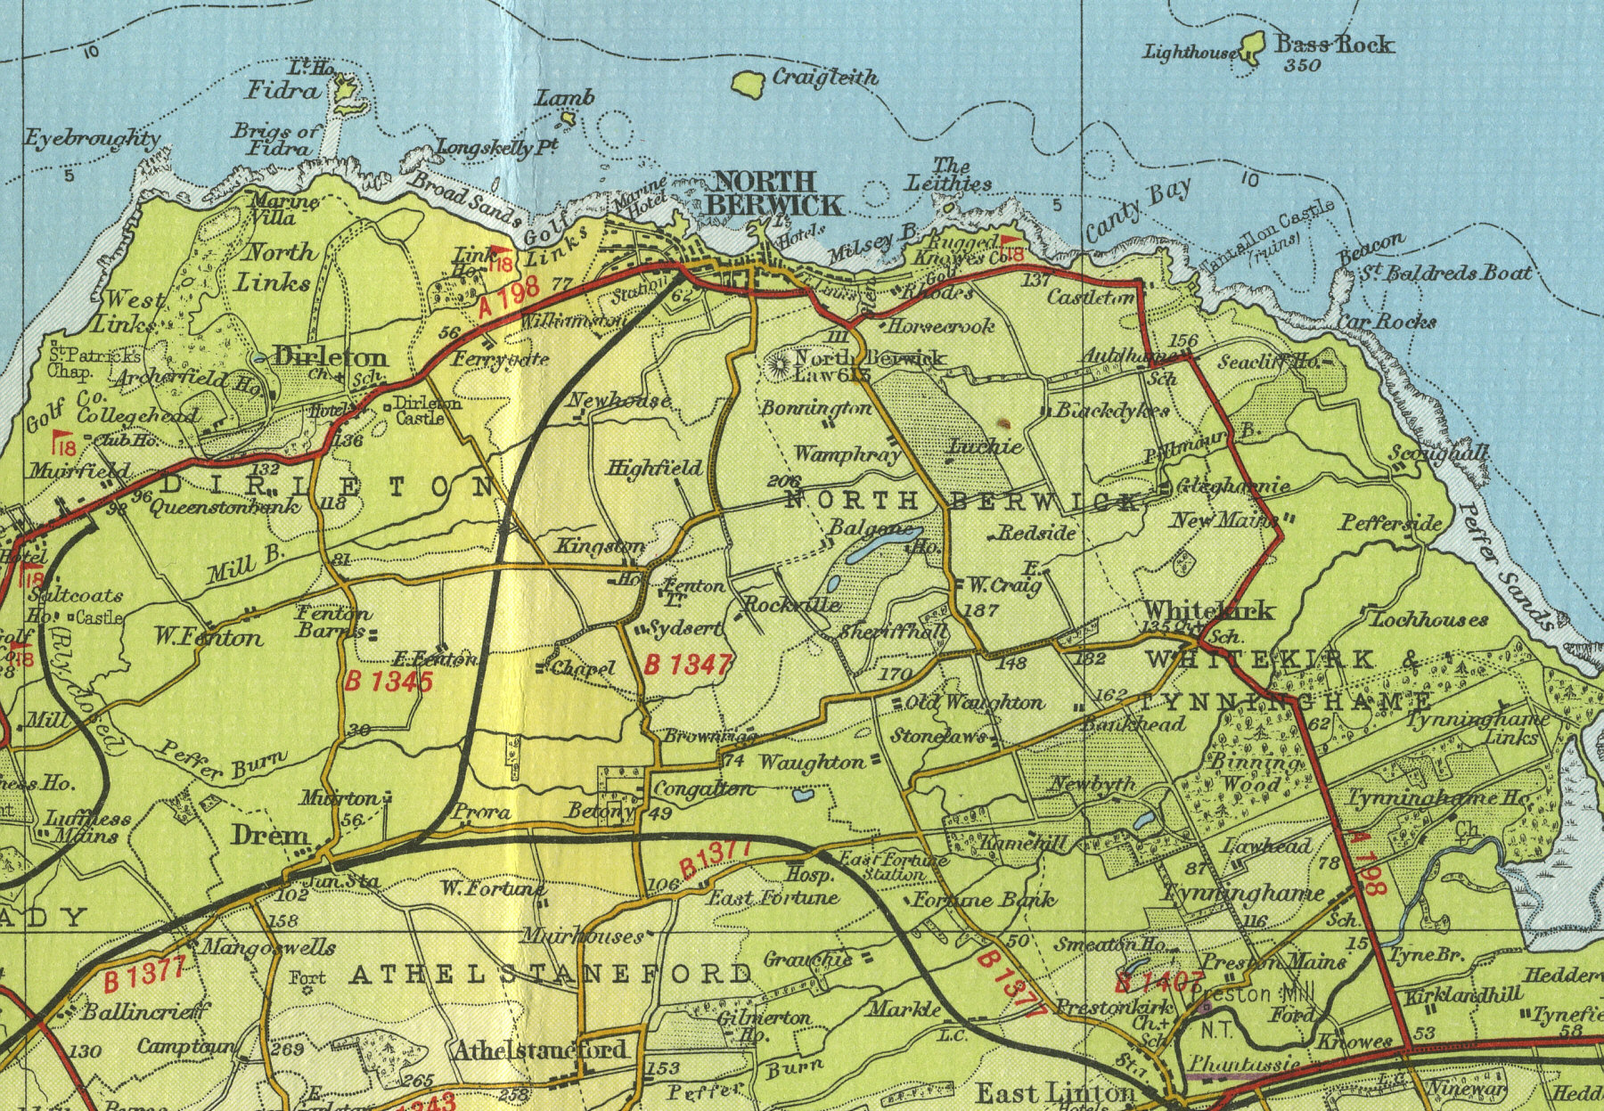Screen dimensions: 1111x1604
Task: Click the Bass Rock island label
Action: pyautogui.click(x=1334, y=44)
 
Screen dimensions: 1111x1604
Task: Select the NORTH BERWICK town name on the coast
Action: pyautogui.click(x=773, y=192)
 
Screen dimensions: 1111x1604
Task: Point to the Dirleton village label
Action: pyautogui.click(x=331, y=357)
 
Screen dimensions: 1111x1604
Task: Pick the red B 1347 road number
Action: pyautogui.click(x=688, y=665)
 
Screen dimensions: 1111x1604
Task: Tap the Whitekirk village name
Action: pyautogui.click(x=1208, y=610)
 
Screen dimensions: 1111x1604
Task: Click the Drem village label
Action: pyautogui.click(x=269, y=835)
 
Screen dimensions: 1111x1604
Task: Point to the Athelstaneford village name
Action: pyautogui.click(x=541, y=1051)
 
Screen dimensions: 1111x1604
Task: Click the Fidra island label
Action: pyautogui.click(x=282, y=90)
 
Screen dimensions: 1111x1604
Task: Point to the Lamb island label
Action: pyautogui.click(x=564, y=98)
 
